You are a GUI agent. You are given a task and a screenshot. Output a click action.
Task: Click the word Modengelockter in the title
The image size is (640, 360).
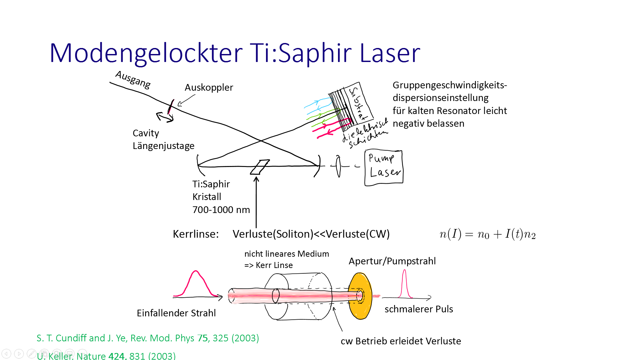point(146,53)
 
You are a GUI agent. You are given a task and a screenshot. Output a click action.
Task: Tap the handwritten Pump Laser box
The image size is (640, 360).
point(384,168)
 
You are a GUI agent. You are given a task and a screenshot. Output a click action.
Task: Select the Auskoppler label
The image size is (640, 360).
point(209,87)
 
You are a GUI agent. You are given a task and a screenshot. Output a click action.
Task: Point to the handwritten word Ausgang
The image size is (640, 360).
point(133,79)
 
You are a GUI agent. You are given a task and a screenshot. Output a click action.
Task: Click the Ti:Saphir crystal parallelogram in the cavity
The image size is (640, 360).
point(260,167)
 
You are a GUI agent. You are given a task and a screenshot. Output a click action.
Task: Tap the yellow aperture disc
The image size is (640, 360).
point(360,296)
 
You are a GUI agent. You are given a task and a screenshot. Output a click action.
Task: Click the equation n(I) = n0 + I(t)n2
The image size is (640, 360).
point(487,234)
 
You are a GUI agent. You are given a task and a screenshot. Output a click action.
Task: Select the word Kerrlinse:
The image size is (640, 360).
point(196,234)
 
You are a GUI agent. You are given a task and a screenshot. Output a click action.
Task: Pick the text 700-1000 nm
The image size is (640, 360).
point(221,210)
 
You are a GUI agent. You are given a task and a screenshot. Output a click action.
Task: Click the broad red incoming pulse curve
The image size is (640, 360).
point(196,283)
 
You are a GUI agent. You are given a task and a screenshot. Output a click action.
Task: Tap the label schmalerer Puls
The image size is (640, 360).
point(419,309)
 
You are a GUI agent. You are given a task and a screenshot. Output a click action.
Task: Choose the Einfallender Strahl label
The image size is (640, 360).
point(176,313)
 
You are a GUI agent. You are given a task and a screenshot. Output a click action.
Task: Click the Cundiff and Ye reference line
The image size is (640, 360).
point(148,338)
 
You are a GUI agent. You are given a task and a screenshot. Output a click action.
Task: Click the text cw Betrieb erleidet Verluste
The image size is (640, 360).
point(401,341)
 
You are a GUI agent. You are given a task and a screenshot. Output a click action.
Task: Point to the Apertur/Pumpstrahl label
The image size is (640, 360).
point(392,261)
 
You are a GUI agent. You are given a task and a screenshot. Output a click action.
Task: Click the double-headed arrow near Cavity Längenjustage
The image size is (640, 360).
point(165,117)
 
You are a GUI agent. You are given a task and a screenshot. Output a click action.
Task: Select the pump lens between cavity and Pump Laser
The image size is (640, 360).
point(338,166)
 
